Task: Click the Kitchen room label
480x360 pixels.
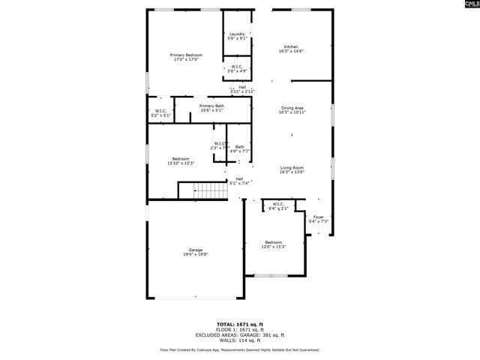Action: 292,49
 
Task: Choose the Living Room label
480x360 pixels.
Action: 292,169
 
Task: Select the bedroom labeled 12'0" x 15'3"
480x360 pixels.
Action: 273,244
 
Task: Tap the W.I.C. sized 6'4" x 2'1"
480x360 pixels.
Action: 277,206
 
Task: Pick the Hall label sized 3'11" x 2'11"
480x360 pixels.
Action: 242,88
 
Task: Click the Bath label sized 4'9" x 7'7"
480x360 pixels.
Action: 239,148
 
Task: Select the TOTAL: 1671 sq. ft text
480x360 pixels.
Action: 240,324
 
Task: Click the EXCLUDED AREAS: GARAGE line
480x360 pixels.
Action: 240,334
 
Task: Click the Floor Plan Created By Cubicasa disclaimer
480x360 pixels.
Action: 240,349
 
